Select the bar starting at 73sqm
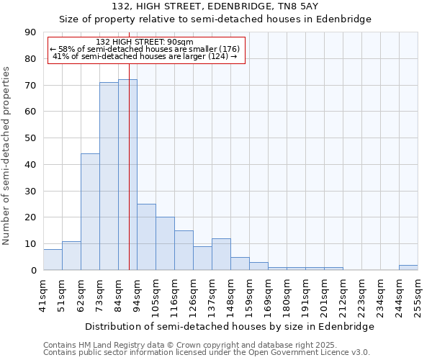pos(109,176)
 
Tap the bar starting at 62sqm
pos(90,212)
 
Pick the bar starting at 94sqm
pos(146,237)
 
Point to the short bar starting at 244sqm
pos(408,268)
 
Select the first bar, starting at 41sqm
pos(53,259)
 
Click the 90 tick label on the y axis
pos(30,32)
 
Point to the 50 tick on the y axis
pos(30,138)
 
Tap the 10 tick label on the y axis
pos(30,244)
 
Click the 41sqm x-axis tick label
pos(43,295)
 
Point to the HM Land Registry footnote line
pos(189,345)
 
